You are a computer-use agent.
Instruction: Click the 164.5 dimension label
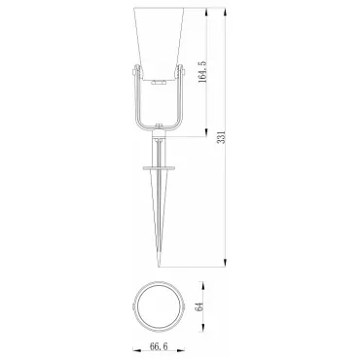point(202,71)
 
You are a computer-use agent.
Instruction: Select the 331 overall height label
point(221,137)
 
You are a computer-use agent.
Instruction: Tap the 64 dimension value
point(198,306)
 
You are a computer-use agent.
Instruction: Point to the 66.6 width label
point(159,346)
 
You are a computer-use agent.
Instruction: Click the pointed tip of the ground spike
point(159,267)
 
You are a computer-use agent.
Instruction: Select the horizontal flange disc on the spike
point(159,168)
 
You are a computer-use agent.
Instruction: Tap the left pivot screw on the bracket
point(136,71)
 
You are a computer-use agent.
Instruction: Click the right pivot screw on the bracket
point(180,71)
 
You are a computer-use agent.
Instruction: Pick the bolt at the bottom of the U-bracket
point(159,126)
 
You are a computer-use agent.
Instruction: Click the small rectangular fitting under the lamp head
point(159,83)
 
